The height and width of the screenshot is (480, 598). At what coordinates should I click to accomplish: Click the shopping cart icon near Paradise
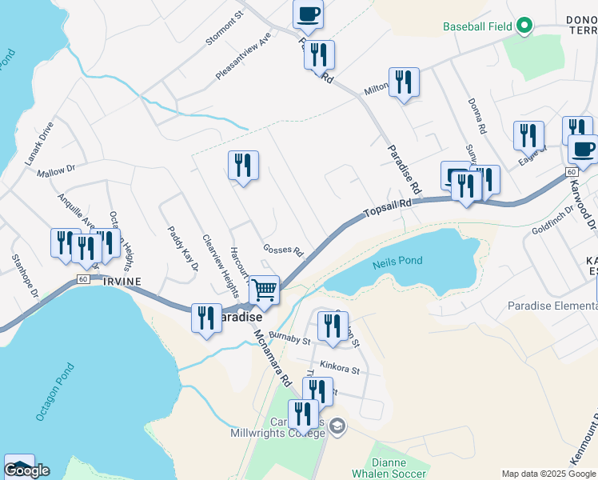click(x=264, y=290)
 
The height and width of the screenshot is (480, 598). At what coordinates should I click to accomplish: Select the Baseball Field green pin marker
click(x=524, y=26)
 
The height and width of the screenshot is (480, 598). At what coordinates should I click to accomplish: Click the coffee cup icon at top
click(x=309, y=14)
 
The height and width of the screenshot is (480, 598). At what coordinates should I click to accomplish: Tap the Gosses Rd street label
click(x=284, y=250)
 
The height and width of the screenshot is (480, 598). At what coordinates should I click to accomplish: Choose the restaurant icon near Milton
click(x=404, y=82)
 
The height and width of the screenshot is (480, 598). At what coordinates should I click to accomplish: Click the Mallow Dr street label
click(x=55, y=170)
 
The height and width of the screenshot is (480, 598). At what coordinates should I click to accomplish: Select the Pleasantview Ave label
click(x=244, y=56)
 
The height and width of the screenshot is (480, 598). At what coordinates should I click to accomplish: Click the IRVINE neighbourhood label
click(x=122, y=282)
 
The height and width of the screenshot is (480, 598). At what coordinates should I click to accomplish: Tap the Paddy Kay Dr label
click(x=181, y=249)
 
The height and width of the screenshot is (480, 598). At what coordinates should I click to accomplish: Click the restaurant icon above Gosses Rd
click(x=243, y=166)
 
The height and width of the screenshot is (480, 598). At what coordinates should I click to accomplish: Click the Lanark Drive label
click(x=38, y=142)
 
